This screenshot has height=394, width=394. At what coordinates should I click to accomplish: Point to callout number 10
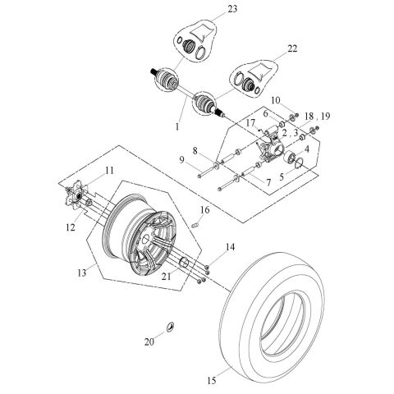pyautogui.click(x=276, y=99)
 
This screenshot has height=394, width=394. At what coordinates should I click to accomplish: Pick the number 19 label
pyautogui.click(x=328, y=117)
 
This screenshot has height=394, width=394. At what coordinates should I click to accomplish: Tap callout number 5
pyautogui.click(x=285, y=175)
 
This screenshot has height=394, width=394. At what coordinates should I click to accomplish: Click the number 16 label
pyautogui.click(x=206, y=210)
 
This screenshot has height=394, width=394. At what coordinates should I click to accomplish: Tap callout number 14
pyautogui.click(x=230, y=247)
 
